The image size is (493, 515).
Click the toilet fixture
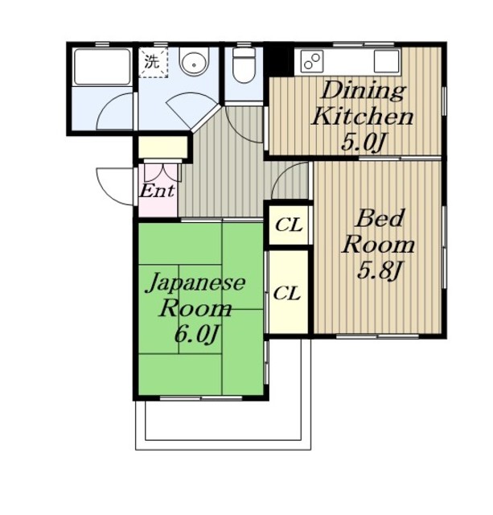click(x=244, y=65)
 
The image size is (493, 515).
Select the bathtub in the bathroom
click(x=102, y=67)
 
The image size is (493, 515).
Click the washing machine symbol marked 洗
click(x=154, y=63)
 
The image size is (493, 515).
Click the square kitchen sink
click(x=386, y=61)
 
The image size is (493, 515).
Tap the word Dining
click(x=363, y=91)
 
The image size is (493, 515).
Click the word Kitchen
click(x=363, y=116)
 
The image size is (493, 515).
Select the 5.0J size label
click(x=363, y=142)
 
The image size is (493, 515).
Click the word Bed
click(x=380, y=218)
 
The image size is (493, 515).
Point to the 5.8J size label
click(x=380, y=270)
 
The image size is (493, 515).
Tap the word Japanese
click(x=195, y=282)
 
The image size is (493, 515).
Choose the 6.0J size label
click(x=196, y=335)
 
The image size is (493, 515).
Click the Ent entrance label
click(x=157, y=191)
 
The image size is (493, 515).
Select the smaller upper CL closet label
click(x=289, y=225)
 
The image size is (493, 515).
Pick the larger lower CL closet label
click(x=286, y=293)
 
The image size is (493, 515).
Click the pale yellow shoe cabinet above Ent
click(x=162, y=147)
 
